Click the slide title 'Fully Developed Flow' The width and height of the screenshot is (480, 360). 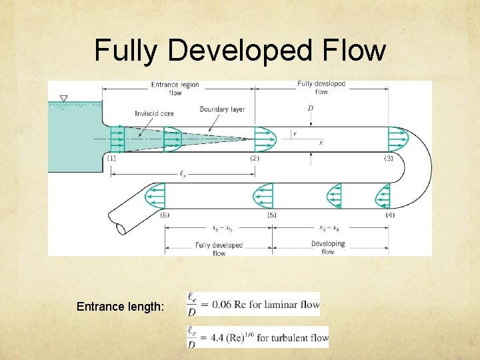[240, 50]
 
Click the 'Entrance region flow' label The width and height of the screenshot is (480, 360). [175, 89]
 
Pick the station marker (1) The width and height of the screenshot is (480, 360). [111, 158]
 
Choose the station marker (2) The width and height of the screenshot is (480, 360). [254, 158]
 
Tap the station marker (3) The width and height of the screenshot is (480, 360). [389, 158]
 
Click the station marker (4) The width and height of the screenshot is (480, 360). [390, 215]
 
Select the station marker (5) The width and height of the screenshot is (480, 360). [271, 215]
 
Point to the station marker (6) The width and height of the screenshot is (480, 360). [165, 215]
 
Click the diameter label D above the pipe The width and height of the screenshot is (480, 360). [311, 108]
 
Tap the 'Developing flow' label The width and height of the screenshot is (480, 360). [328, 247]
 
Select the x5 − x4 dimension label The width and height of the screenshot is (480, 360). [328, 227]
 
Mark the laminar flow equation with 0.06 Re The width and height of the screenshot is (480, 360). [254, 304]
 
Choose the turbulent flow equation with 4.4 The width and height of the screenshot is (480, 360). [258, 337]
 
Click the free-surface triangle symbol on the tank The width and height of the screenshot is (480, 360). [63, 99]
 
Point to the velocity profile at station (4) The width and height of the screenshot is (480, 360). [383, 196]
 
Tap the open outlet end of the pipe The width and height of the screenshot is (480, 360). [116, 225]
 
